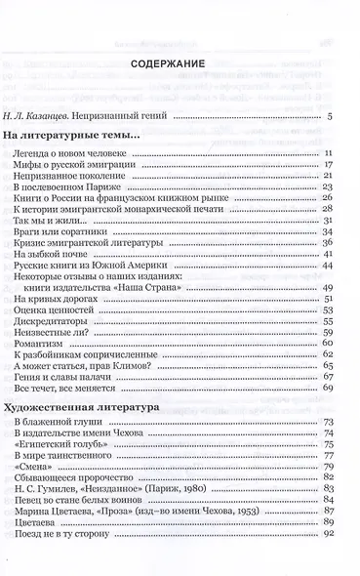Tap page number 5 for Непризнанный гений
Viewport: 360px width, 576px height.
click(332, 117)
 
